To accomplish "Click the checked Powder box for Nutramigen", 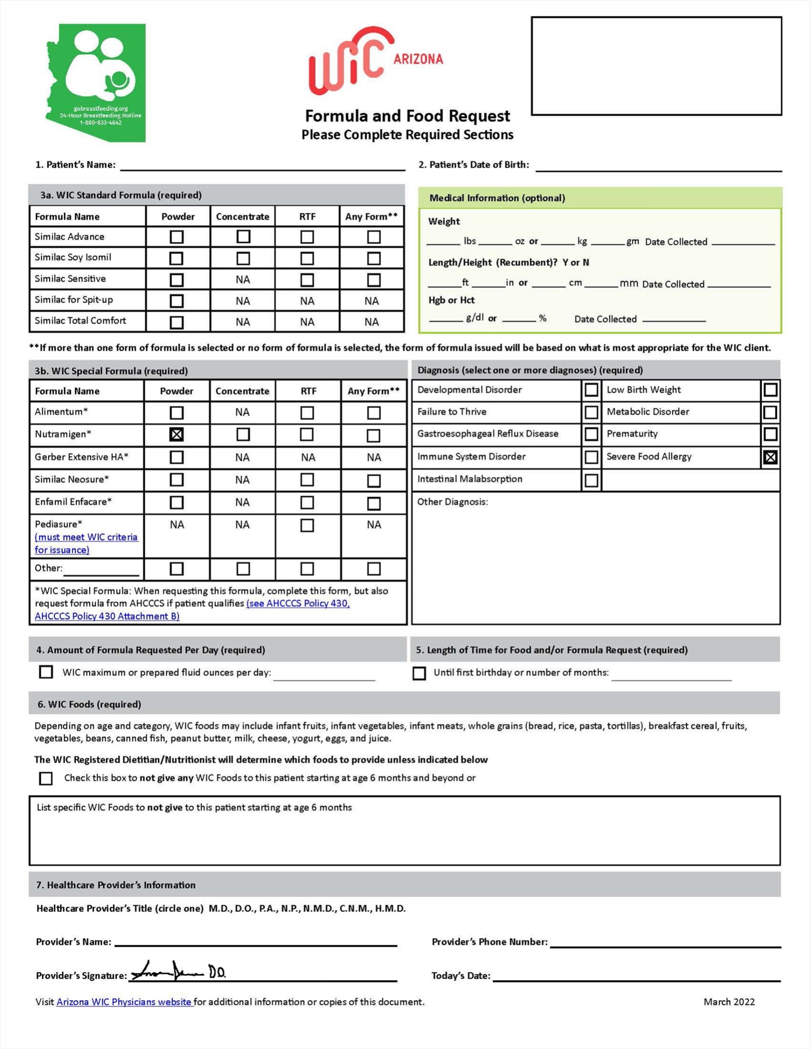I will pos(176,434).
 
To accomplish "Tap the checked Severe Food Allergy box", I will pos(770,457).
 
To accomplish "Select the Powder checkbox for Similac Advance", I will pos(176,237).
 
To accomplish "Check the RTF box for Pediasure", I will pos(307,525).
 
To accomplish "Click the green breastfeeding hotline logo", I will pos(96,83).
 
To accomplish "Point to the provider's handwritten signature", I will pos(177,971).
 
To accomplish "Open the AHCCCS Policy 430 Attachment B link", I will pos(107,616).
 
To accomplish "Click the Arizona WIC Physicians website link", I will pos(124,1002).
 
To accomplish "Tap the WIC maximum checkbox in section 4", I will pos(46,672).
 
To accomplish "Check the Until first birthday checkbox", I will pos(419,673).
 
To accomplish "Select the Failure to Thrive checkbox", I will pos(591,412).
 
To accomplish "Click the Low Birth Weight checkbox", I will pos(770,390).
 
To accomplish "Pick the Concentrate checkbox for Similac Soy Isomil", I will pos(243,258).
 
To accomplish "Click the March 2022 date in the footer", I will pos(729,1002).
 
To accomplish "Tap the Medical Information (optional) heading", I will pos(497,198).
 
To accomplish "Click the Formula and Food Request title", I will pos(407,116).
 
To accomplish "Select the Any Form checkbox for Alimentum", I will pos(373,412).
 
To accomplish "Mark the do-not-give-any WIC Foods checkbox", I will pos(46,779).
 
